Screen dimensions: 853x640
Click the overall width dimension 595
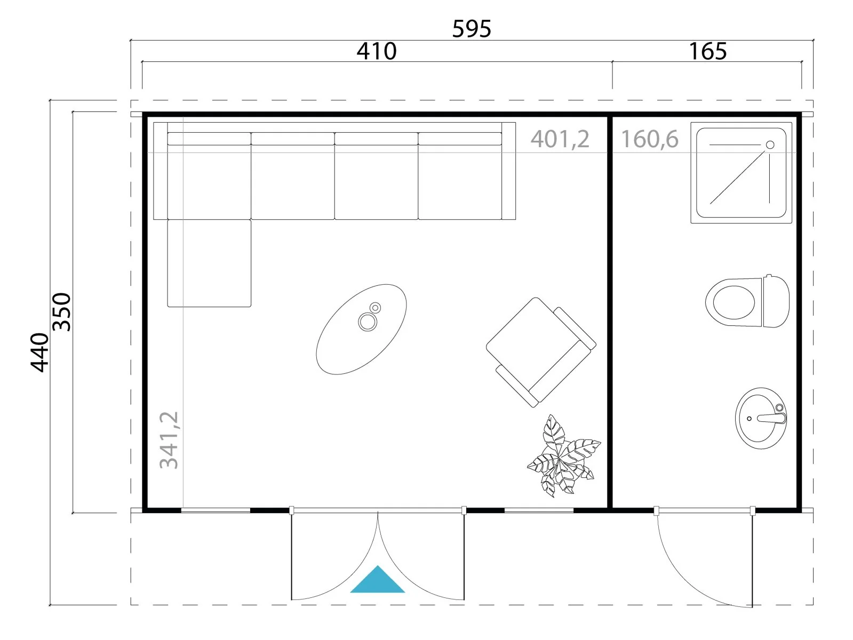click(x=472, y=29)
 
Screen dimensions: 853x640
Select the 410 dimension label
click(x=377, y=51)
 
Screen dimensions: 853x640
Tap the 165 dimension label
click(x=707, y=51)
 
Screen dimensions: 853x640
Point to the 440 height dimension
click(x=39, y=352)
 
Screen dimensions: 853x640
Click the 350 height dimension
click(x=62, y=312)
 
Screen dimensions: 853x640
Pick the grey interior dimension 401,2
click(x=560, y=139)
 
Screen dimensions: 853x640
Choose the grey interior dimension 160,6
click(x=650, y=139)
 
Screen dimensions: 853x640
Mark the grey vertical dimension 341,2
click(x=169, y=440)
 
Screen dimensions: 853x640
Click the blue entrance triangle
click(x=377, y=580)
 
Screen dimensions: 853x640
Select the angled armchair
click(x=541, y=352)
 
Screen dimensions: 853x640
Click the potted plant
click(x=563, y=457)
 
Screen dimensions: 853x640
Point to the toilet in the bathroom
click(x=747, y=302)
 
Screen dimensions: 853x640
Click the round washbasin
click(x=761, y=418)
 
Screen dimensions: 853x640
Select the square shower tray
click(x=741, y=173)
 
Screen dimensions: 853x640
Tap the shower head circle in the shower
click(x=770, y=145)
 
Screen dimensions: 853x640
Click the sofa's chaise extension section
click(x=209, y=263)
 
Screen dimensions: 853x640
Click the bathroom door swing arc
click(x=684, y=582)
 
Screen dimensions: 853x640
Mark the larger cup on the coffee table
click(x=367, y=322)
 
